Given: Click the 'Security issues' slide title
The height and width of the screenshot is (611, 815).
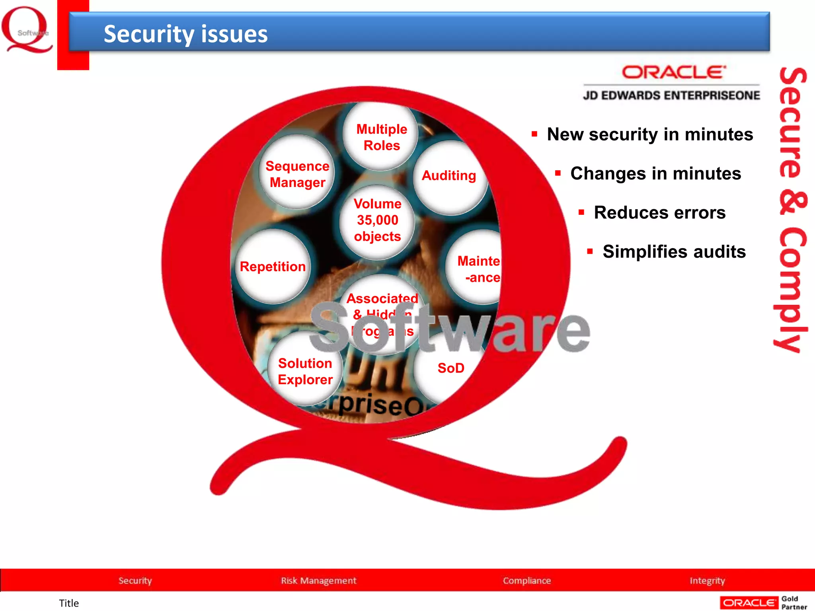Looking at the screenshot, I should click(x=185, y=34).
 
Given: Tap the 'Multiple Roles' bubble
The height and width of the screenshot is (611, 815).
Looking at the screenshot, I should click(x=381, y=137).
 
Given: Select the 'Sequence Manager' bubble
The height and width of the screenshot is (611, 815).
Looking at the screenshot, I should click(x=297, y=174).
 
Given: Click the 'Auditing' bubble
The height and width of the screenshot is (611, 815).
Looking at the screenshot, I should click(x=449, y=176).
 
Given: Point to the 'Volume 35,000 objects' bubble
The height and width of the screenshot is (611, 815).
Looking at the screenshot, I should click(x=377, y=220).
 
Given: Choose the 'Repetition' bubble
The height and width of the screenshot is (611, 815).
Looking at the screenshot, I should click(x=273, y=267).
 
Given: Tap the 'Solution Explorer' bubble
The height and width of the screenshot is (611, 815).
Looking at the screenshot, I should click(x=305, y=371).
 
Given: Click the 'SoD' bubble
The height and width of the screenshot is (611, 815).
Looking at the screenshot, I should click(x=450, y=368).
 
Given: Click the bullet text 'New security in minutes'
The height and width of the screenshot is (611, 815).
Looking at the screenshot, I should click(x=650, y=134).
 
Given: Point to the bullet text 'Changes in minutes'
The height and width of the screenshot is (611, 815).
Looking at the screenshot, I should click(x=655, y=173).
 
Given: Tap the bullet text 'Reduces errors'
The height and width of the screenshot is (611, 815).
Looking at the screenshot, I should click(x=659, y=212).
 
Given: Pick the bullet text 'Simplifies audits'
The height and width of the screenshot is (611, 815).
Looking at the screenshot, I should click(x=674, y=251).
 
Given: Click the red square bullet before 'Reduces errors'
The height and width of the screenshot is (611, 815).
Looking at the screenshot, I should click(x=581, y=212).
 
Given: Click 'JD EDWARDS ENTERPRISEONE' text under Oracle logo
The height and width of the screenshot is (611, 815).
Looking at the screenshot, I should click(x=671, y=95).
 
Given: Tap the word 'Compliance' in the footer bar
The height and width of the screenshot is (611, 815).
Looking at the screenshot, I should click(x=526, y=580).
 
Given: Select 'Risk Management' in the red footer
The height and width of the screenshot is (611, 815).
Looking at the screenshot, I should click(x=318, y=580).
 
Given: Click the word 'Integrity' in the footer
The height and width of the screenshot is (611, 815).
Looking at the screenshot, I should click(x=707, y=580).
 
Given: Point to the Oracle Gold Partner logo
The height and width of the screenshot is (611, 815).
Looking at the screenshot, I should click(x=763, y=603).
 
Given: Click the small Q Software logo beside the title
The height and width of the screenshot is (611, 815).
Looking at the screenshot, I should click(x=27, y=30).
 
